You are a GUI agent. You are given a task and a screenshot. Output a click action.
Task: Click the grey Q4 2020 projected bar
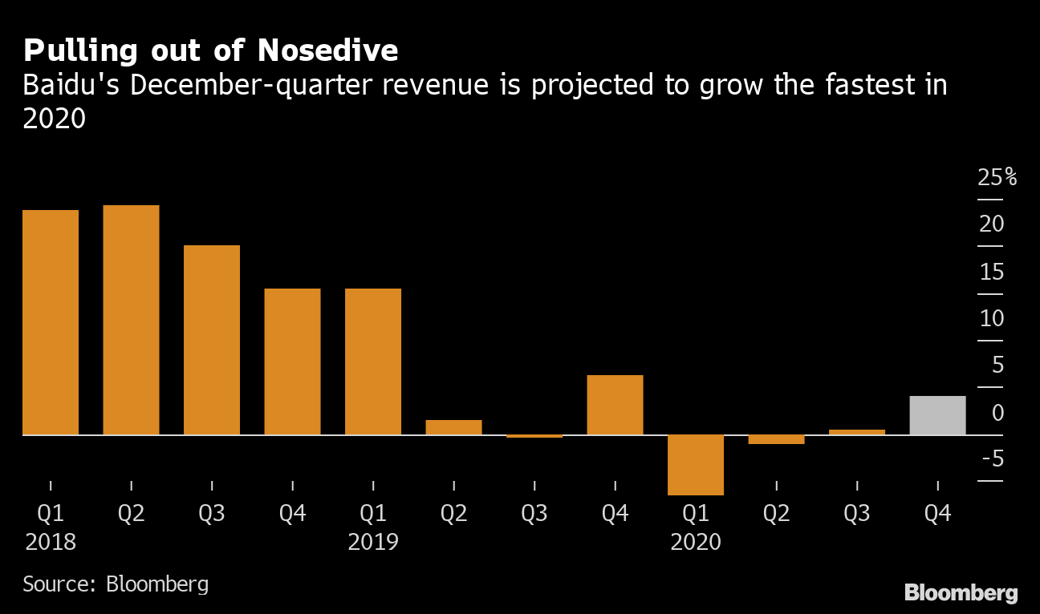pyautogui.click(x=937, y=415)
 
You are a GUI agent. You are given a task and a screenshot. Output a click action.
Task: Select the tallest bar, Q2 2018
pyautogui.click(x=131, y=321)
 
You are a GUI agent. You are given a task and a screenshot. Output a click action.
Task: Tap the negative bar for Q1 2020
pyautogui.click(x=696, y=465)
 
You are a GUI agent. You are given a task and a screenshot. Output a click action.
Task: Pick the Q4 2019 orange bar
pyautogui.click(x=615, y=405)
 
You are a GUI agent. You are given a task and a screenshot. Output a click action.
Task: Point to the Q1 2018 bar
pyautogui.click(x=51, y=322)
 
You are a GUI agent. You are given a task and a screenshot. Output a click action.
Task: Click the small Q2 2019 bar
pyautogui.click(x=453, y=427)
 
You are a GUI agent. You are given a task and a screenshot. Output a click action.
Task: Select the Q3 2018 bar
pyautogui.click(x=212, y=340)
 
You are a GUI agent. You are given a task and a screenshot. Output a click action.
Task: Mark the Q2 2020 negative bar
pyautogui.click(x=776, y=439)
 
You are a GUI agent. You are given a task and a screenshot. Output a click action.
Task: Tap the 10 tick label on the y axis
pyautogui.click(x=992, y=318)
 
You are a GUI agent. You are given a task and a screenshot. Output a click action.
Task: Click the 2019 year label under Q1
pyautogui.click(x=373, y=543)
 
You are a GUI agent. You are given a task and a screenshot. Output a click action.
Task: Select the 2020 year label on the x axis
pyautogui.click(x=696, y=543)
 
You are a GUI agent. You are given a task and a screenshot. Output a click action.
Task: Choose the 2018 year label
pyautogui.click(x=51, y=543)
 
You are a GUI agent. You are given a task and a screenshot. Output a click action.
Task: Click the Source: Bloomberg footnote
pyautogui.click(x=116, y=584)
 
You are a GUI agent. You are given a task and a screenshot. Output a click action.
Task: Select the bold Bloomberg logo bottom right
pyautogui.click(x=961, y=593)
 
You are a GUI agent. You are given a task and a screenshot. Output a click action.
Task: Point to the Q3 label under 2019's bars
pyautogui.click(x=534, y=514)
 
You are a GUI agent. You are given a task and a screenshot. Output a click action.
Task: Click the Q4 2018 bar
pyautogui.click(x=292, y=362)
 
